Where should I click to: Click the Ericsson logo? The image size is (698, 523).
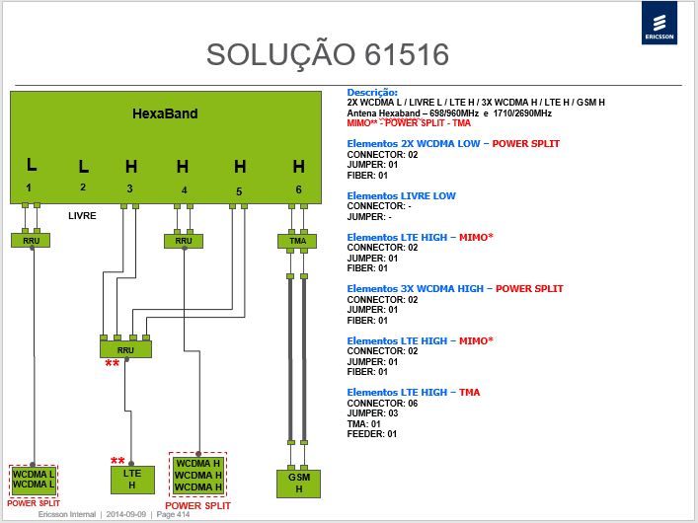[x=659, y=23]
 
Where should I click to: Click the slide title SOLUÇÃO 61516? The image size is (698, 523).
[x=328, y=54]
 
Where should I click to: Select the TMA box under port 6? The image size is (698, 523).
[x=297, y=241]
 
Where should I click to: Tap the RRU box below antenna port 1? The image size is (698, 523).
[x=31, y=241]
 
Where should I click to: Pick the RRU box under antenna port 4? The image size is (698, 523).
[x=184, y=241]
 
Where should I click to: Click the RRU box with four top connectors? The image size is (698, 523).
[x=125, y=349]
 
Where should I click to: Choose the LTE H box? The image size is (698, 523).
[x=132, y=480]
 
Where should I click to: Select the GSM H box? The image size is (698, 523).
[x=299, y=484]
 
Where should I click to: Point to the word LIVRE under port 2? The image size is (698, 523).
[x=82, y=216]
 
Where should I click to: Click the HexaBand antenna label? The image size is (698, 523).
[x=165, y=113]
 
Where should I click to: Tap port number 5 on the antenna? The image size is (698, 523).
[x=239, y=191]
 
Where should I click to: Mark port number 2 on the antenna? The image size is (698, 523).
[x=83, y=187]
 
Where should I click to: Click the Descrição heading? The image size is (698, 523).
[x=372, y=93]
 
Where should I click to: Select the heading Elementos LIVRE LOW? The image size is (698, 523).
[x=401, y=195]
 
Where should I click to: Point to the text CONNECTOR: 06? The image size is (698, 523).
[x=382, y=404]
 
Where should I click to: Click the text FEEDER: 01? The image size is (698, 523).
[x=371, y=434]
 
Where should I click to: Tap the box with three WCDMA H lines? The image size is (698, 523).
[x=198, y=476]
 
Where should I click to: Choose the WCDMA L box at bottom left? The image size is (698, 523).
[x=34, y=481]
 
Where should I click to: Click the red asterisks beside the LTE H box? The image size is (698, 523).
[x=117, y=461]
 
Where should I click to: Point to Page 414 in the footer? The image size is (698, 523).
[x=173, y=514]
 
